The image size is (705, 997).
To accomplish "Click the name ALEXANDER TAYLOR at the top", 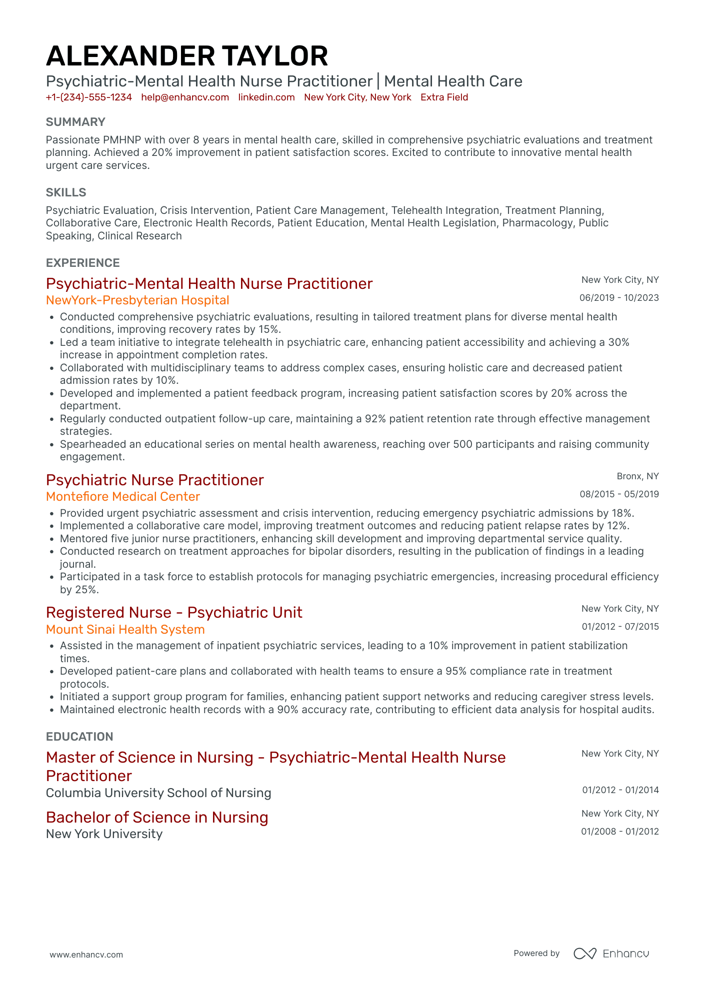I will point(187,56).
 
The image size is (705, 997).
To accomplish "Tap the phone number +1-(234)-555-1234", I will point(89,97).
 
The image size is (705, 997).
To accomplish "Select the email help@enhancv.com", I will point(185,97).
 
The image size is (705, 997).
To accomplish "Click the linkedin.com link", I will point(266,97).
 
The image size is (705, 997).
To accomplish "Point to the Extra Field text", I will point(444,97).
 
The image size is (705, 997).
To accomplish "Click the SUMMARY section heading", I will point(75,122).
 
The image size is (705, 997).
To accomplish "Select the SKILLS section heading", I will point(66,192).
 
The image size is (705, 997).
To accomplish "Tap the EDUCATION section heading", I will point(79,737).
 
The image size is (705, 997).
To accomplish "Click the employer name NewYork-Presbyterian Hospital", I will point(137,300).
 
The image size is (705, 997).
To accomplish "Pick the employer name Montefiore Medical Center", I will point(123,497).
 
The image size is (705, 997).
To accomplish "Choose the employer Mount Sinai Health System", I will point(125,630).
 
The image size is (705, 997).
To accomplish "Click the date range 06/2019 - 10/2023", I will point(619,298).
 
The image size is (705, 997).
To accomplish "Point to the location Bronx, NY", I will point(637,476).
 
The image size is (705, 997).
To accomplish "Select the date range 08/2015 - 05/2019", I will point(619,494).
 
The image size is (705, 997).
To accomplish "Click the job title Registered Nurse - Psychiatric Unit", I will point(174,613).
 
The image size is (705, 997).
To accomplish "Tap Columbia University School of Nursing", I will point(158,793).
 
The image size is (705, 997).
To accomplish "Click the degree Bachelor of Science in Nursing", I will point(157,818).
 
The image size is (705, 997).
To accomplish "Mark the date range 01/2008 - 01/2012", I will point(619,832).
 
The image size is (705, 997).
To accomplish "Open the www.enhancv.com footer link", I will point(86,955).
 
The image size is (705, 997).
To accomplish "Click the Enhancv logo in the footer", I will point(611,954).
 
